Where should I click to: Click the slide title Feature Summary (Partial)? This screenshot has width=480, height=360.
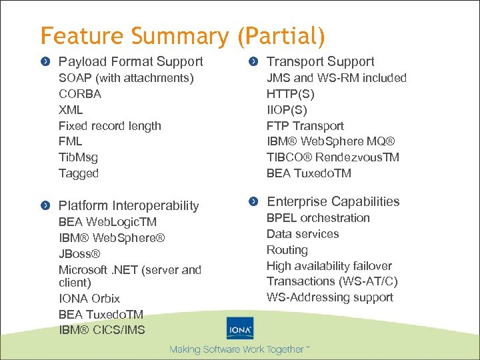[183, 35]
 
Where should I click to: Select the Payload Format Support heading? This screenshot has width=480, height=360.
[131, 61]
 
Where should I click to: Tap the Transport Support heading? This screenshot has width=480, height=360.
[320, 61]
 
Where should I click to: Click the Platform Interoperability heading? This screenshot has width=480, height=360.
[129, 205]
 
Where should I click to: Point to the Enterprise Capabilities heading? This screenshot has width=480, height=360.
[333, 201]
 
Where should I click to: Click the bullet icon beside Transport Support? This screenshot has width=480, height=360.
[253, 62]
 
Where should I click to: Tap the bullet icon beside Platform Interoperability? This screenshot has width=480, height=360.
[45, 206]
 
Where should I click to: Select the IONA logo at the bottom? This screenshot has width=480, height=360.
[239, 329]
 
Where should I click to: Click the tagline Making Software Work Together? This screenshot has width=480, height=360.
[239, 349]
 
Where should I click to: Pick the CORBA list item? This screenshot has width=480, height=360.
[80, 94]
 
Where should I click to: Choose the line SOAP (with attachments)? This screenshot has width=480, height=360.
[126, 78]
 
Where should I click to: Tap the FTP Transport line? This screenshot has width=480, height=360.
[305, 126]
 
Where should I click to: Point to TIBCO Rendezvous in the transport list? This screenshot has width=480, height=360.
[333, 157]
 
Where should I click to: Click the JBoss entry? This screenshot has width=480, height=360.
[79, 253]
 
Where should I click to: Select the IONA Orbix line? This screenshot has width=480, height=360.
[89, 298]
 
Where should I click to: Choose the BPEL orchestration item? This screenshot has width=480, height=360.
[318, 218]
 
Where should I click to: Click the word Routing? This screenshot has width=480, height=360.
[287, 250]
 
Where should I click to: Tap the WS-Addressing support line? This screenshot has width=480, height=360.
[330, 297]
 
